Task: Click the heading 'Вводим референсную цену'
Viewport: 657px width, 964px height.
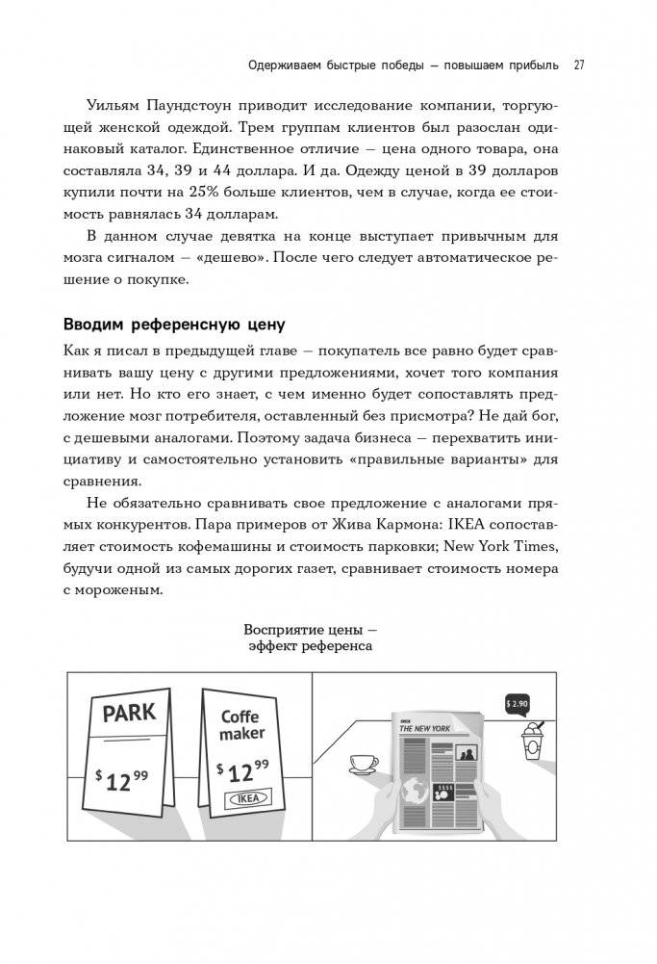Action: [173, 323]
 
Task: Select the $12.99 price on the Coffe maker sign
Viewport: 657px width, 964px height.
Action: [242, 770]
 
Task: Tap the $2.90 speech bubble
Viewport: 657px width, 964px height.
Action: [517, 704]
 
